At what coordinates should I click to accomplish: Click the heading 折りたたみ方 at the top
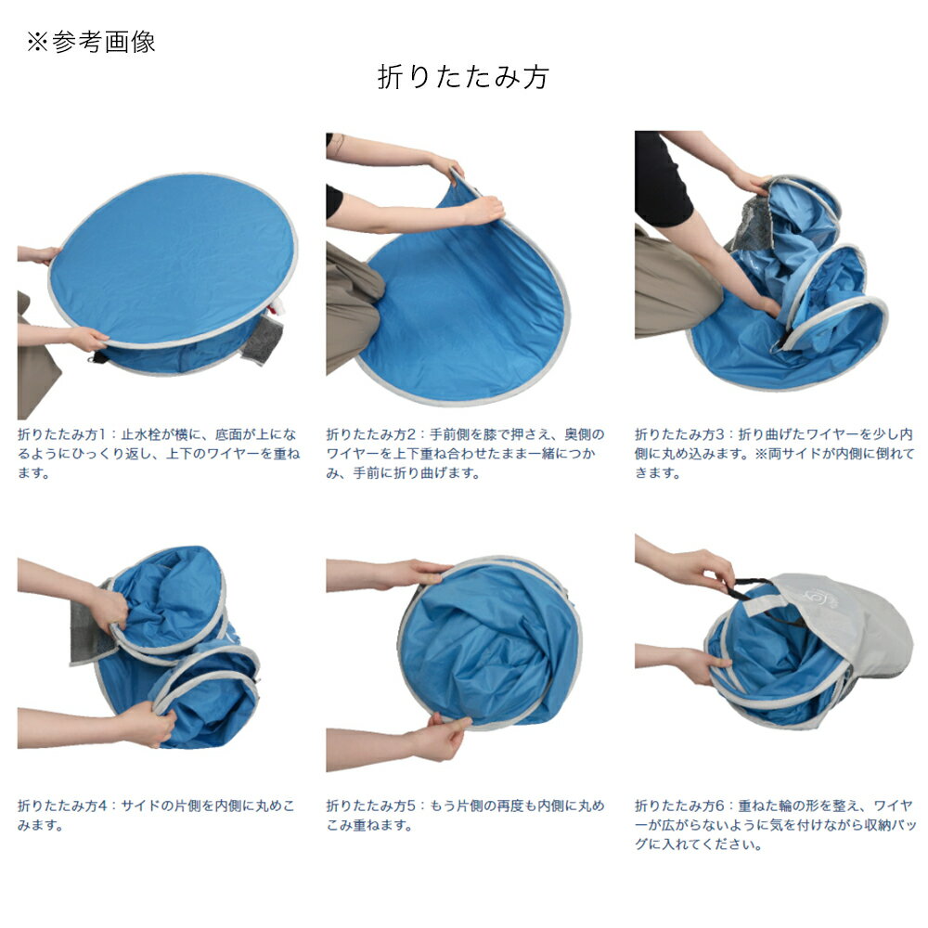[463, 77]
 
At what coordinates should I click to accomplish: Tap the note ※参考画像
[91, 42]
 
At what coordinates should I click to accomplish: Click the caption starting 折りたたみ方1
[159, 454]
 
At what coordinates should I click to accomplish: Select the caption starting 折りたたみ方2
[465, 454]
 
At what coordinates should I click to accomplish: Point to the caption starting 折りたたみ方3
[775, 454]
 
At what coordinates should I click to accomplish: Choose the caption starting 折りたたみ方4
[156, 815]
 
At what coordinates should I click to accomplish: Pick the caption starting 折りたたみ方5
[465, 815]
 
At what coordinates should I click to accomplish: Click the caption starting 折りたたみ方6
[775, 824]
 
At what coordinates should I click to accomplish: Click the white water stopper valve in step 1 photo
[277, 306]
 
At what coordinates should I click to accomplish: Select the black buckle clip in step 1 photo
[98, 357]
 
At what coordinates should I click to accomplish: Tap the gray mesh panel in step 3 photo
[753, 224]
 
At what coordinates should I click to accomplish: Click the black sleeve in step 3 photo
[662, 177]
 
